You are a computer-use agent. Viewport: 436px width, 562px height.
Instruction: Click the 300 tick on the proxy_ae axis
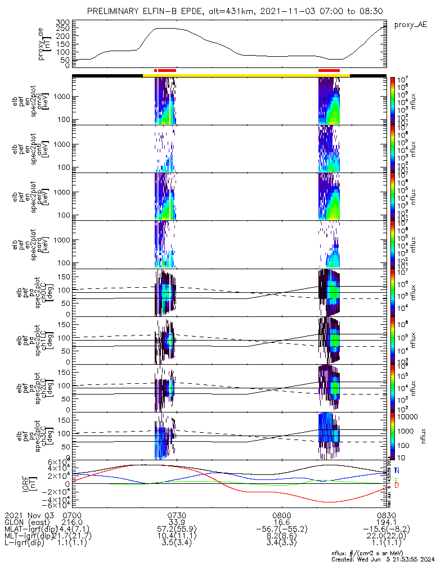[x=62, y=22]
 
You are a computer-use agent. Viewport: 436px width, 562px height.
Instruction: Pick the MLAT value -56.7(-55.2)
[x=281, y=529]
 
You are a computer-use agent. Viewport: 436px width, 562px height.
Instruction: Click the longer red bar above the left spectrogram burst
[x=167, y=70]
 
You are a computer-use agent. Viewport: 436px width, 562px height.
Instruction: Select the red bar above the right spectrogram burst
[x=329, y=70]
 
